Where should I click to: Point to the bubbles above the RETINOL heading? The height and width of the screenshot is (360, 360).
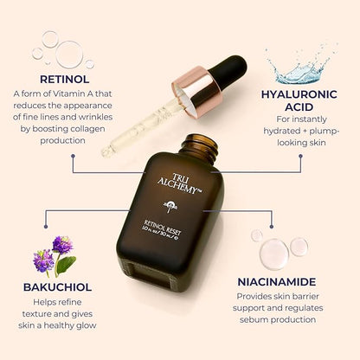coord(58,48)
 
